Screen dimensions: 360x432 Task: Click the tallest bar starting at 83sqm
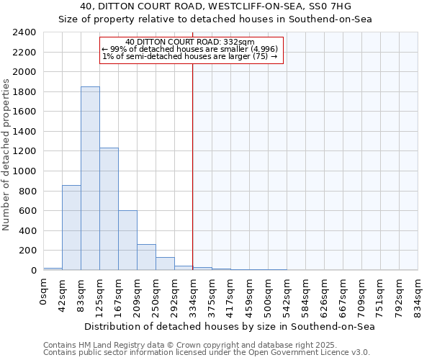90,179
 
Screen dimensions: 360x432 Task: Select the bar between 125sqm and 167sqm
109,209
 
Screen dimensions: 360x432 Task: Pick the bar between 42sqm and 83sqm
71,228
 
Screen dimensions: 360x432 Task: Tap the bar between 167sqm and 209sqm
127,240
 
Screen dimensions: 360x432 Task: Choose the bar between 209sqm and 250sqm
146,257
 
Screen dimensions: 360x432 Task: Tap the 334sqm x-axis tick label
193,294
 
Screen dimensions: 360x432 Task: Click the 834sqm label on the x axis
418,294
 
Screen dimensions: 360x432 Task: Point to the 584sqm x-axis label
305,294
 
